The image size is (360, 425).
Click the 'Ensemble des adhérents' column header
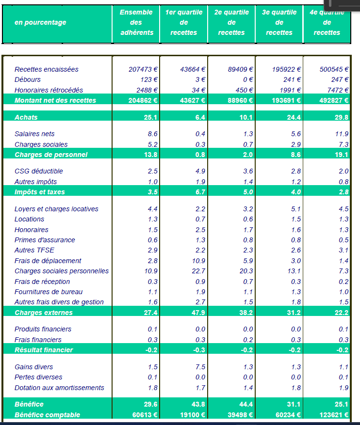click(136, 22)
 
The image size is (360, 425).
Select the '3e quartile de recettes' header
click(279, 22)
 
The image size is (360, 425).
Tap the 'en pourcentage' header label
click(40, 22)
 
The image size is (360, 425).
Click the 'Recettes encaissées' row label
click(47, 69)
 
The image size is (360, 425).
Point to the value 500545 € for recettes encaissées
click(334, 69)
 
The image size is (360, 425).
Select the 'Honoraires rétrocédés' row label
click(49, 90)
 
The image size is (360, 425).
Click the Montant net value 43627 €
click(193, 101)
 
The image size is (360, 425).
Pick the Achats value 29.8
click(342, 117)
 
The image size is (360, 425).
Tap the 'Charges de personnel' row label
click(51, 155)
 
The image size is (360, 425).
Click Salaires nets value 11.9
click(342, 134)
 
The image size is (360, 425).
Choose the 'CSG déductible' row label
click(39, 171)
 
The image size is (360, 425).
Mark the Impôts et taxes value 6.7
click(200, 192)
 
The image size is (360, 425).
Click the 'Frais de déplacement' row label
click(48, 261)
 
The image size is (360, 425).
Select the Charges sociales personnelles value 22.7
click(198, 271)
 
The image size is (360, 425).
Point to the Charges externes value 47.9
click(198, 313)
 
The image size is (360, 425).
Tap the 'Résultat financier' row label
click(44, 350)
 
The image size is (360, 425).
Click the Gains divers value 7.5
click(200, 367)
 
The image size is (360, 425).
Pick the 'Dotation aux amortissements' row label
click(59, 388)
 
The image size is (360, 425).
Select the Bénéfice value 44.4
click(246, 404)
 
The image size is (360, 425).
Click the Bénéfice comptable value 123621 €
click(334, 415)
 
